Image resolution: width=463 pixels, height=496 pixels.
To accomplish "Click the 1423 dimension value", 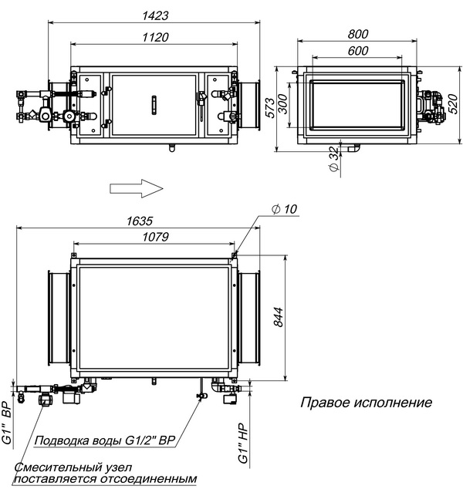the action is [155, 15].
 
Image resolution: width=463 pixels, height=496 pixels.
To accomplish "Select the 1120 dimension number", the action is [155, 37].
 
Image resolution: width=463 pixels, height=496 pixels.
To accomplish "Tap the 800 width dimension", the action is [357, 34].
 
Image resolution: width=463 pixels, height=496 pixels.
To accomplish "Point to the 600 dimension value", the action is [357, 51].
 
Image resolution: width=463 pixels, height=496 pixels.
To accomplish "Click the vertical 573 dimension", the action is [270, 108].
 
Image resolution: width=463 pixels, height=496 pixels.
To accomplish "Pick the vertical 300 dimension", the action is [283, 104].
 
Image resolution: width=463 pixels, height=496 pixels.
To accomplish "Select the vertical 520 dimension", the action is [453, 104].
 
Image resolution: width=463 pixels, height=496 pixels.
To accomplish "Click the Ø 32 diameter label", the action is [334, 159].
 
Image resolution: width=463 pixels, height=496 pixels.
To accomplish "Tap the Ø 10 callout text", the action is [284, 209].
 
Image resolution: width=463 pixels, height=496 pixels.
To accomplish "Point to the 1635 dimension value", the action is [140, 221].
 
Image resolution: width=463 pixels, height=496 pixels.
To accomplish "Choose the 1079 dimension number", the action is [155, 237].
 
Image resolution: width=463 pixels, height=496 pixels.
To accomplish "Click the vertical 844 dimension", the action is [278, 317].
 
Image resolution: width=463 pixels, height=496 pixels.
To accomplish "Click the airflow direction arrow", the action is [137, 188].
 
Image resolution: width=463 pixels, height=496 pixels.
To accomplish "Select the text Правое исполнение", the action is [367, 403].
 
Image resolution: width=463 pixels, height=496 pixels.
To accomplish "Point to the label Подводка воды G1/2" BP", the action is [104, 440].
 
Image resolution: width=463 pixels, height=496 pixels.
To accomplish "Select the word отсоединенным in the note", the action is [148, 479].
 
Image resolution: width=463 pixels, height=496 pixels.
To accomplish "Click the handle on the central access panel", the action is [154, 105].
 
